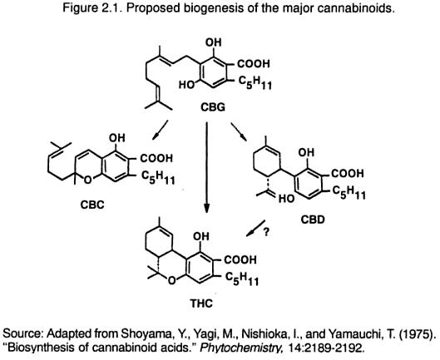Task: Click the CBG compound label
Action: click(213, 107)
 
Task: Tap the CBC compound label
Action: click(92, 205)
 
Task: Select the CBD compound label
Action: click(313, 219)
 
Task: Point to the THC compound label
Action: click(201, 303)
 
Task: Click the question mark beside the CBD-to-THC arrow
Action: click(266, 232)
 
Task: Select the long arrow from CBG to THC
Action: click(206, 168)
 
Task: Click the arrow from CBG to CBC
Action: click(160, 130)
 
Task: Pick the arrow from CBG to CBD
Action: click(239, 131)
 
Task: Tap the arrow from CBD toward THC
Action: click(255, 228)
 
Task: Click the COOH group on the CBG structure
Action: click(254, 64)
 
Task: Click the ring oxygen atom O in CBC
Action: click(88, 180)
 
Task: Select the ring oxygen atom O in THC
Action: click(171, 280)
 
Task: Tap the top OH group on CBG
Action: click(214, 42)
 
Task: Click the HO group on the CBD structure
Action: click(286, 199)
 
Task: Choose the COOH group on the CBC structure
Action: click(156, 158)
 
